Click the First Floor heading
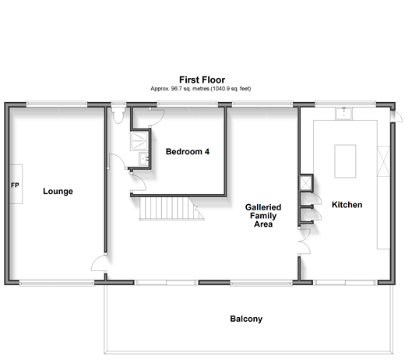coord(202,79)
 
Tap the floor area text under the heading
coord(201,89)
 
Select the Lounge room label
coord(58,192)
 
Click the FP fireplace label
coord(15,185)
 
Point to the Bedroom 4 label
coord(188,151)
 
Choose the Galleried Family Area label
coord(263,216)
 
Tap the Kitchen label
coord(347,205)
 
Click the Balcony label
coord(246,319)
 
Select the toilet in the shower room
coord(118,115)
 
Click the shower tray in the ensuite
coord(139,141)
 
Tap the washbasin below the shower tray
coord(143,159)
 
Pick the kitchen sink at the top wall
coord(343,114)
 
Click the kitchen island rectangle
coord(345,161)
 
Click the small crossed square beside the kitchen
coord(306,183)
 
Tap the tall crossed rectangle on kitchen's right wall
coord(383,161)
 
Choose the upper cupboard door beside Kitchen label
coord(313,199)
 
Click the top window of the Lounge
coord(57,104)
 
